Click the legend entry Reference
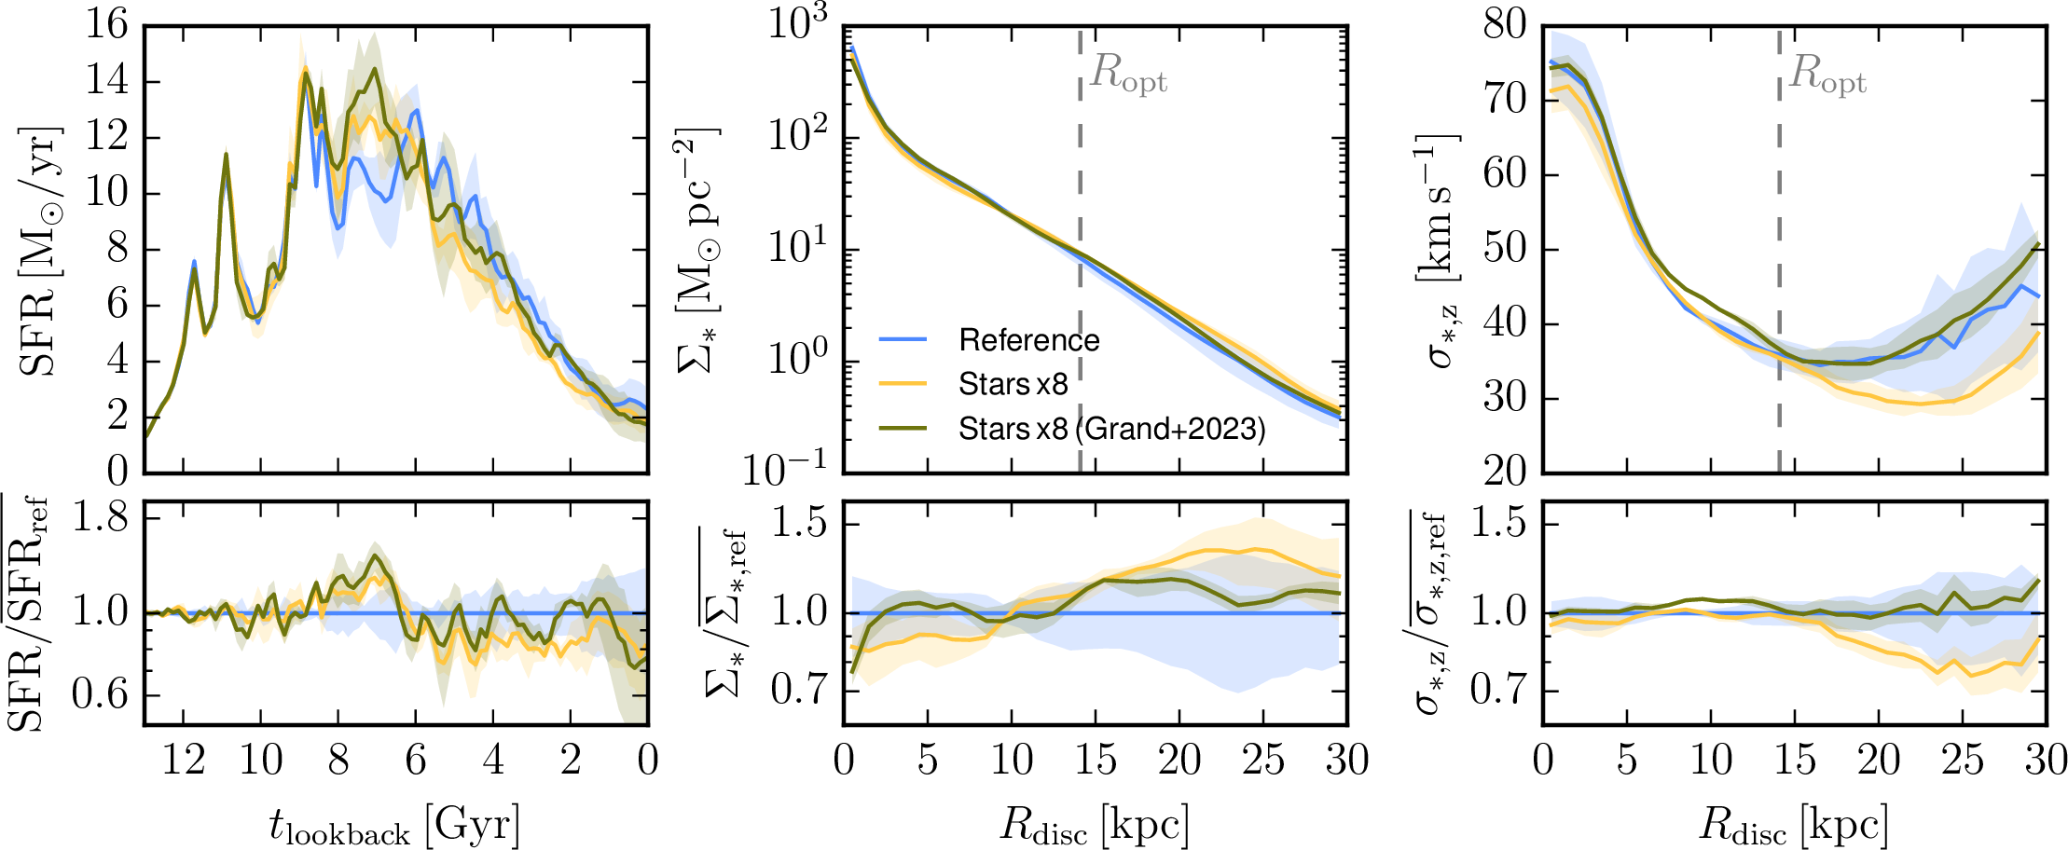click(x=1028, y=340)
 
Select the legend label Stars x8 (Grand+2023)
click(x=1111, y=429)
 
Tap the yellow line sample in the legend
click(x=903, y=384)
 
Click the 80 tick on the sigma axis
click(x=1505, y=25)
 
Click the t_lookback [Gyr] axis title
click(x=393, y=826)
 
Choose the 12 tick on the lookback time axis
click(x=184, y=761)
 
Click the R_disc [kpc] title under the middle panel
click(x=1094, y=826)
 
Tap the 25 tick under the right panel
click(x=1962, y=761)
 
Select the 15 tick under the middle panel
click(x=1095, y=761)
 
